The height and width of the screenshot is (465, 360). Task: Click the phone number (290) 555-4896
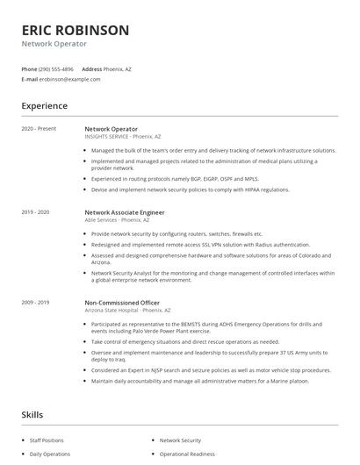pyautogui.click(x=57, y=68)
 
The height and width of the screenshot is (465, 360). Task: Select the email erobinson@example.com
pyautogui.click(x=70, y=79)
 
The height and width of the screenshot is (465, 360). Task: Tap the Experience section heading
pyautogui.click(x=45, y=106)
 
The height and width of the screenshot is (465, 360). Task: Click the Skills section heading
pyautogui.click(x=32, y=414)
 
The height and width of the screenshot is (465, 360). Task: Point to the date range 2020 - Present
pyautogui.click(x=39, y=129)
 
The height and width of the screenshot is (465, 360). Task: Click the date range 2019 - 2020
pyautogui.click(x=35, y=212)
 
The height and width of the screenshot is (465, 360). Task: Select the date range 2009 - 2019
pyautogui.click(x=35, y=302)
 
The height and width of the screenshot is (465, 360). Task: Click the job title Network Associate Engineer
pyautogui.click(x=125, y=212)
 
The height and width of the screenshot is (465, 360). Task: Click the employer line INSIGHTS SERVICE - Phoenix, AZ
pyautogui.click(x=123, y=136)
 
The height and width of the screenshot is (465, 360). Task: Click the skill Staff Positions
pyautogui.click(x=47, y=440)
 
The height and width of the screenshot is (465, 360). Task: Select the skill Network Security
pyautogui.click(x=180, y=440)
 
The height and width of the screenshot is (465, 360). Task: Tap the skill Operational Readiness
pyautogui.click(x=187, y=455)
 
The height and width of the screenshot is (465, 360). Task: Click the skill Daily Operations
pyautogui.click(x=49, y=455)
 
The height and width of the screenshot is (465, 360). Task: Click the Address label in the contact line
pyautogui.click(x=92, y=68)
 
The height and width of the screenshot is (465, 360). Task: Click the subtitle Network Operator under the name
pyautogui.click(x=54, y=43)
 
